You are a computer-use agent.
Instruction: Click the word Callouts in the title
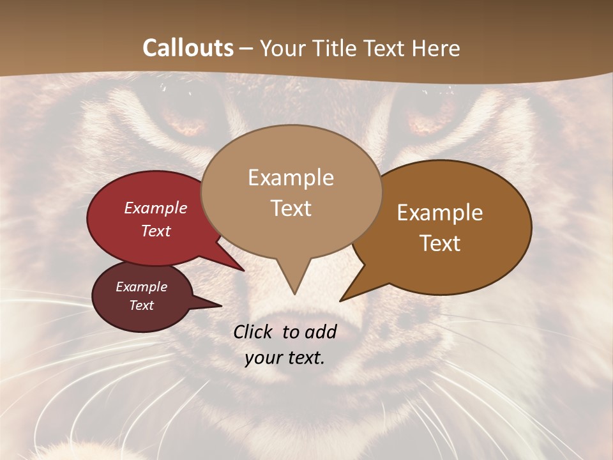pyautogui.click(x=188, y=48)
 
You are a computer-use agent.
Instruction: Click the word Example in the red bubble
pyautogui.click(x=156, y=208)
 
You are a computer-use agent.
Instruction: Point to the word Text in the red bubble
pyautogui.click(x=156, y=231)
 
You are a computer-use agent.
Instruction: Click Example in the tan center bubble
pyautogui.click(x=291, y=178)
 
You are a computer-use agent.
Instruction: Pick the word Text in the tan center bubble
pyautogui.click(x=291, y=208)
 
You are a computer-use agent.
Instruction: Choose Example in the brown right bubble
pyautogui.click(x=440, y=212)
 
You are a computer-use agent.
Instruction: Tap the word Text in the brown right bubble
pyautogui.click(x=440, y=243)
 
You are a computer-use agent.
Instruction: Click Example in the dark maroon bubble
pyautogui.click(x=141, y=287)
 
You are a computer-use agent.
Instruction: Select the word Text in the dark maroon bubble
pyautogui.click(x=141, y=305)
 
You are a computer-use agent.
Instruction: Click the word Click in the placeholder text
pyautogui.click(x=254, y=332)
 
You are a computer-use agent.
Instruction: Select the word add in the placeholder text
pyautogui.click(x=321, y=332)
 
